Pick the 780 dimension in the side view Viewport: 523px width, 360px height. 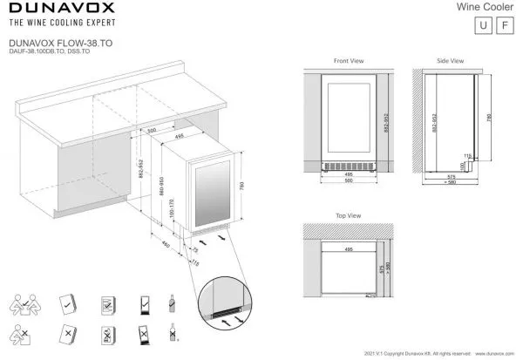[490, 119]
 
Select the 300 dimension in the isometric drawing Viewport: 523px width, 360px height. [152, 130]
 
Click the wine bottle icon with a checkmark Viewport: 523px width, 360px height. [173, 303]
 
